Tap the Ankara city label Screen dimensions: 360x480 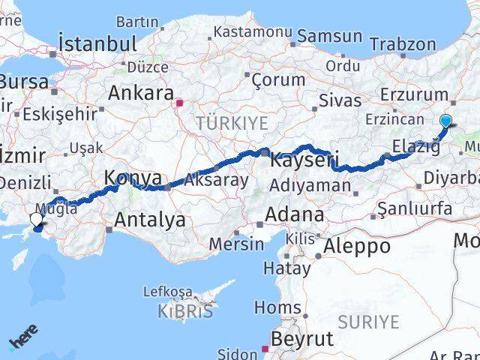(x=141, y=93)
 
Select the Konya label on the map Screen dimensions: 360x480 (x=133, y=178)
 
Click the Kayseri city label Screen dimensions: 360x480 (x=304, y=160)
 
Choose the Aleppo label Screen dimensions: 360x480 (x=357, y=246)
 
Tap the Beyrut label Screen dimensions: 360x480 (x=301, y=339)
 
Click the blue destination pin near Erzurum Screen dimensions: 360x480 (x=445, y=121)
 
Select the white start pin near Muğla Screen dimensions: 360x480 (x=36, y=219)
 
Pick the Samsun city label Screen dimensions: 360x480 (x=329, y=36)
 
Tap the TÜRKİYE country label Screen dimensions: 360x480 (x=221, y=121)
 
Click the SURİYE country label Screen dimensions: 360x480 (x=368, y=322)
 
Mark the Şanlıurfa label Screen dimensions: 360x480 (x=415, y=208)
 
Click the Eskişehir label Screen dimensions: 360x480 (x=60, y=114)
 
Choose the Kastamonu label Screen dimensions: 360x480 (x=252, y=32)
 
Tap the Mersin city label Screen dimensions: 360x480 (x=237, y=244)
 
